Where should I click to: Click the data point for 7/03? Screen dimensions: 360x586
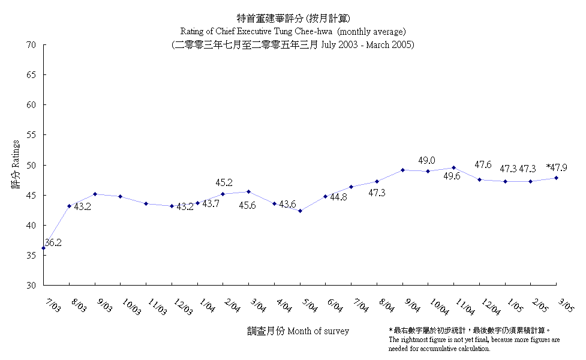(43, 248)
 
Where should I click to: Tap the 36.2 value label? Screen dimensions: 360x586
(53, 242)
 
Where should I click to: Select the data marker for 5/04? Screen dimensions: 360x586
(300, 211)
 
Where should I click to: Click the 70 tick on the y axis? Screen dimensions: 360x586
(32, 45)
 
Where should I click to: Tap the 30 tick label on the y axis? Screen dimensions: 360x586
(32, 286)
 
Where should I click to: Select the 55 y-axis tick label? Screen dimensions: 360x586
(32, 135)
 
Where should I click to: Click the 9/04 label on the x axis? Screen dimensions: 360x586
(412, 307)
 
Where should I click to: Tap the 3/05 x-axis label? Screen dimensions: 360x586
(566, 307)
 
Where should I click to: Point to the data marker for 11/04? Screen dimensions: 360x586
(453, 167)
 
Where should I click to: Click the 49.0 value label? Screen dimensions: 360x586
(426, 160)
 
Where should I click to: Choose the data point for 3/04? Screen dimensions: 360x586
(249, 191)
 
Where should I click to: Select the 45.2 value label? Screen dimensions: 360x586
(224, 182)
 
